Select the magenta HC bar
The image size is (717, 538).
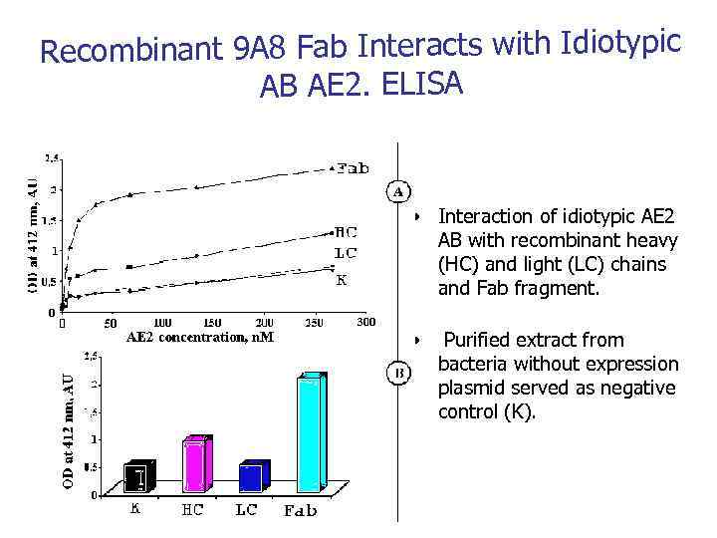195,465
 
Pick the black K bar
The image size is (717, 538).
138,478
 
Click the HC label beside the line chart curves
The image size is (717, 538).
347,231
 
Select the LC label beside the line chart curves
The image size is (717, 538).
346,253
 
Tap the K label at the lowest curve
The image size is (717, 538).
341,280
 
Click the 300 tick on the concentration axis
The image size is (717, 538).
365,322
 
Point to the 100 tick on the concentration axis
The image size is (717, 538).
162,323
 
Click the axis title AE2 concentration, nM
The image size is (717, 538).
199,337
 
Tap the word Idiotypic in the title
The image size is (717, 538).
621,43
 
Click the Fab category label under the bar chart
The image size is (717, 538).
301,511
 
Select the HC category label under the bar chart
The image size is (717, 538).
192,510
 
